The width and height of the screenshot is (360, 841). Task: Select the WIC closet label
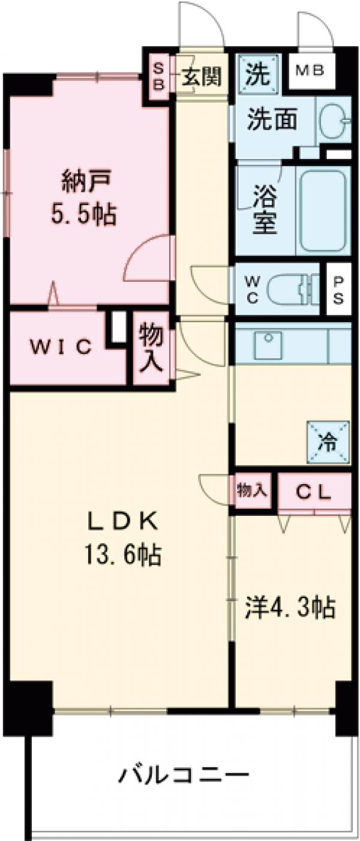click(x=61, y=347)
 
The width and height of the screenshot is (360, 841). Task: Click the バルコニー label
click(x=184, y=774)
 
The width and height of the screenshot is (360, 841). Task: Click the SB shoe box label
click(x=160, y=77)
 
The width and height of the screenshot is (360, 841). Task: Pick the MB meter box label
click(x=310, y=71)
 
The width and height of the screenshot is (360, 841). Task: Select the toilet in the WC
click(x=294, y=289)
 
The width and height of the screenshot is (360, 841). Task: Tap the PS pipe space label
click(x=338, y=289)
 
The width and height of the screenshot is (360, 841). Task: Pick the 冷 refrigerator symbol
click(x=328, y=443)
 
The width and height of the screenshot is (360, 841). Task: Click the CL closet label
click(x=314, y=492)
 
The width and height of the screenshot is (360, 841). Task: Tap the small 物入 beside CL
click(x=251, y=490)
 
